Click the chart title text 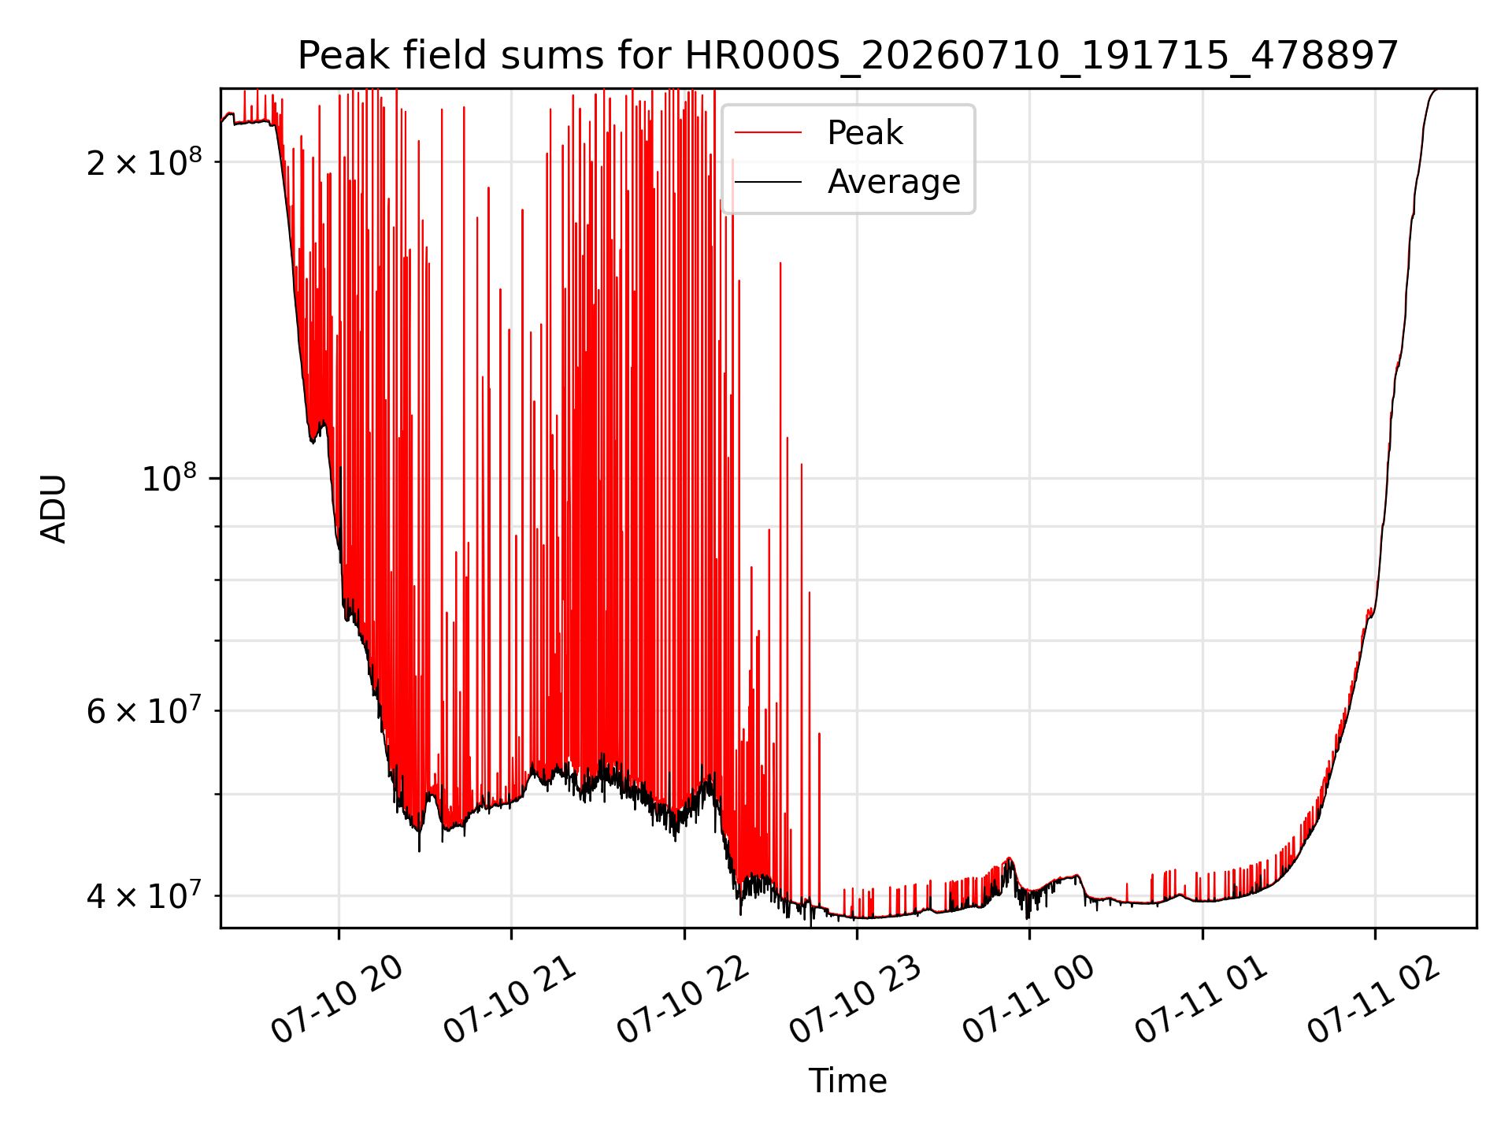click(x=848, y=56)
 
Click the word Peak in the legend click(x=865, y=133)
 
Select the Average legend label click(x=894, y=182)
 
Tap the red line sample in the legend click(x=769, y=133)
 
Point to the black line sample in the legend click(x=769, y=182)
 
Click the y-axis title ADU click(x=54, y=508)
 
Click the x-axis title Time click(x=848, y=1081)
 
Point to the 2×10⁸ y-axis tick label click(x=144, y=161)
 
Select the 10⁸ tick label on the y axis click(x=172, y=477)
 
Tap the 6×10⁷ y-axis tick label click(x=144, y=710)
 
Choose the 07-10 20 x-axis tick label click(x=337, y=1000)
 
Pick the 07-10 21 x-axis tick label click(x=510, y=1000)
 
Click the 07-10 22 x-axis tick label click(x=683, y=1000)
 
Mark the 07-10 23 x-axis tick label click(x=855, y=1000)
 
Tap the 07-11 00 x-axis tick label click(x=1028, y=1000)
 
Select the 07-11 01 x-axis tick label click(x=1201, y=1000)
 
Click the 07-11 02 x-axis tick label click(x=1374, y=1000)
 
